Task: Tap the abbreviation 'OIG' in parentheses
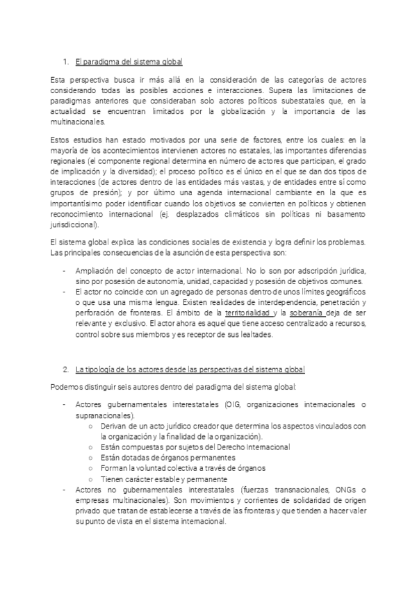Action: click(224, 405)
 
